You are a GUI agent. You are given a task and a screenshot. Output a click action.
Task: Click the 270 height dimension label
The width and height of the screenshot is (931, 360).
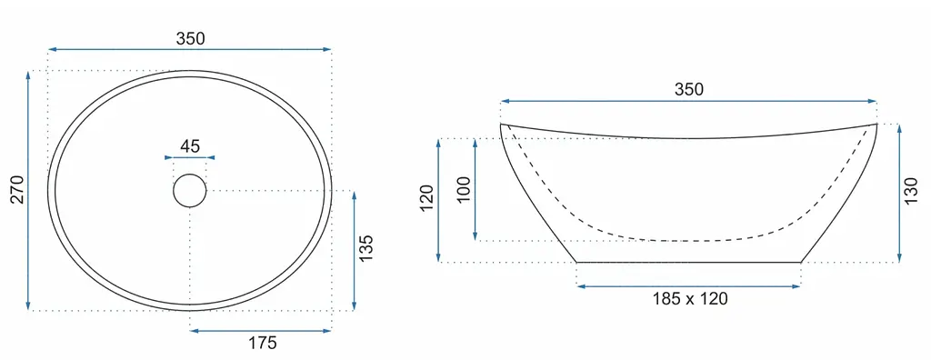coord(18,189)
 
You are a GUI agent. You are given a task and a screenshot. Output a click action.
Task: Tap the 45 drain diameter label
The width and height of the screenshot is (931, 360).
coord(189,145)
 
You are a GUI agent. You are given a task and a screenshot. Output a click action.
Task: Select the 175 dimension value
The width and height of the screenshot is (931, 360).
coord(262,343)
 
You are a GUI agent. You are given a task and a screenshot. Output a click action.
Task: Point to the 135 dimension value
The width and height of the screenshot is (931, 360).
coord(366,249)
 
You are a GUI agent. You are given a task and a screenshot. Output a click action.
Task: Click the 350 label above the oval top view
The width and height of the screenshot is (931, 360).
coord(190,38)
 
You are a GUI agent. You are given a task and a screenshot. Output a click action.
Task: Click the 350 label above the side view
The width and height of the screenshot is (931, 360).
coord(689,90)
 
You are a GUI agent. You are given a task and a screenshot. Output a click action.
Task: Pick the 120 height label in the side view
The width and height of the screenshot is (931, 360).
coord(426,200)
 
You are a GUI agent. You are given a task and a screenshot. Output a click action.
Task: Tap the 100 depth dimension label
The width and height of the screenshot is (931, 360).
coord(464,189)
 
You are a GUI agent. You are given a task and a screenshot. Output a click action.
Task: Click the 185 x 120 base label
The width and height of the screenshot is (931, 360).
coord(690,299)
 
